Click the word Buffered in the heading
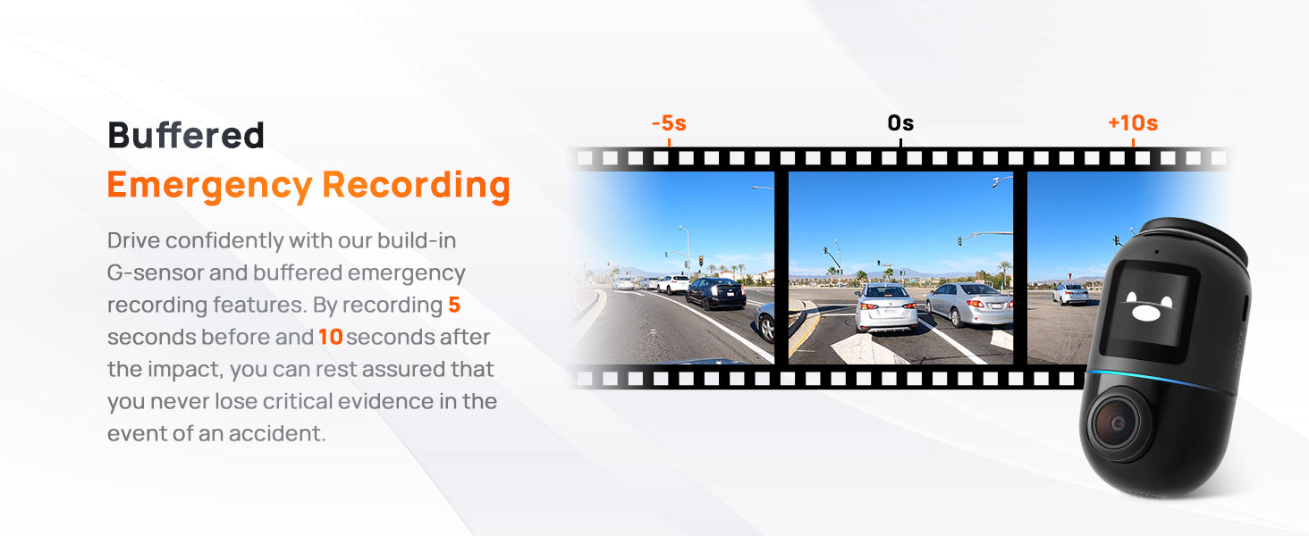186,135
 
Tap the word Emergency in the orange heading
210,186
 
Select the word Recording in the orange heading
416,186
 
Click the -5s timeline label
669,123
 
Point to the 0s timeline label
900,123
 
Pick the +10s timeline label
1133,123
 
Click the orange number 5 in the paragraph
454,305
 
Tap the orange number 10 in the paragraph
330,337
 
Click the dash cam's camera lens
1118,423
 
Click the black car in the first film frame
715,293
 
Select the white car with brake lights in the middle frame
886,307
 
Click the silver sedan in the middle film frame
969,305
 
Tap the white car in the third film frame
1070,294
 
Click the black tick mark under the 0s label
900,142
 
